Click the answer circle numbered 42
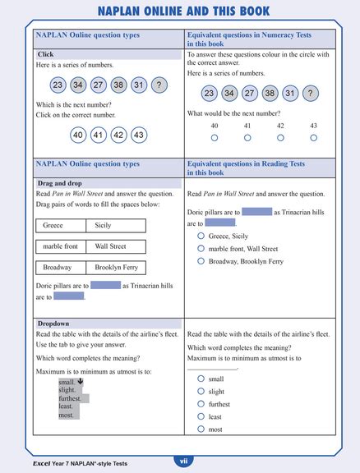click(x=118, y=135)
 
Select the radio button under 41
click(x=247, y=138)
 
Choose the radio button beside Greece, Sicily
click(x=201, y=236)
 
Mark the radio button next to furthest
click(x=201, y=404)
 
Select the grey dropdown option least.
click(x=70, y=406)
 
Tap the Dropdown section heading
click(x=53, y=324)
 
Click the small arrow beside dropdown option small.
click(x=81, y=381)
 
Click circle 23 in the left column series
click(x=58, y=85)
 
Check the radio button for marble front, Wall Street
click(x=201, y=248)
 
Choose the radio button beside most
click(x=201, y=429)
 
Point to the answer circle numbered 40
click(x=78, y=135)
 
